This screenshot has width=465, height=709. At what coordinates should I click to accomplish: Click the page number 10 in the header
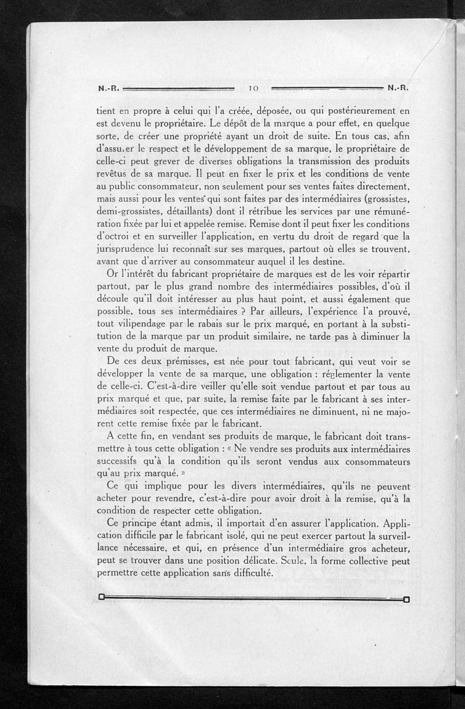[253, 88]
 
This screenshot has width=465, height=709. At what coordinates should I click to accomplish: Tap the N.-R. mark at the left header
[109, 88]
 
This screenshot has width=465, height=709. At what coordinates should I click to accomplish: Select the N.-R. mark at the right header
[399, 88]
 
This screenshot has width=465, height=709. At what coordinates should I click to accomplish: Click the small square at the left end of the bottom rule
[101, 598]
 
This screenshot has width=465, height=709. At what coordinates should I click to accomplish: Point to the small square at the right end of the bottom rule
[406, 599]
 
